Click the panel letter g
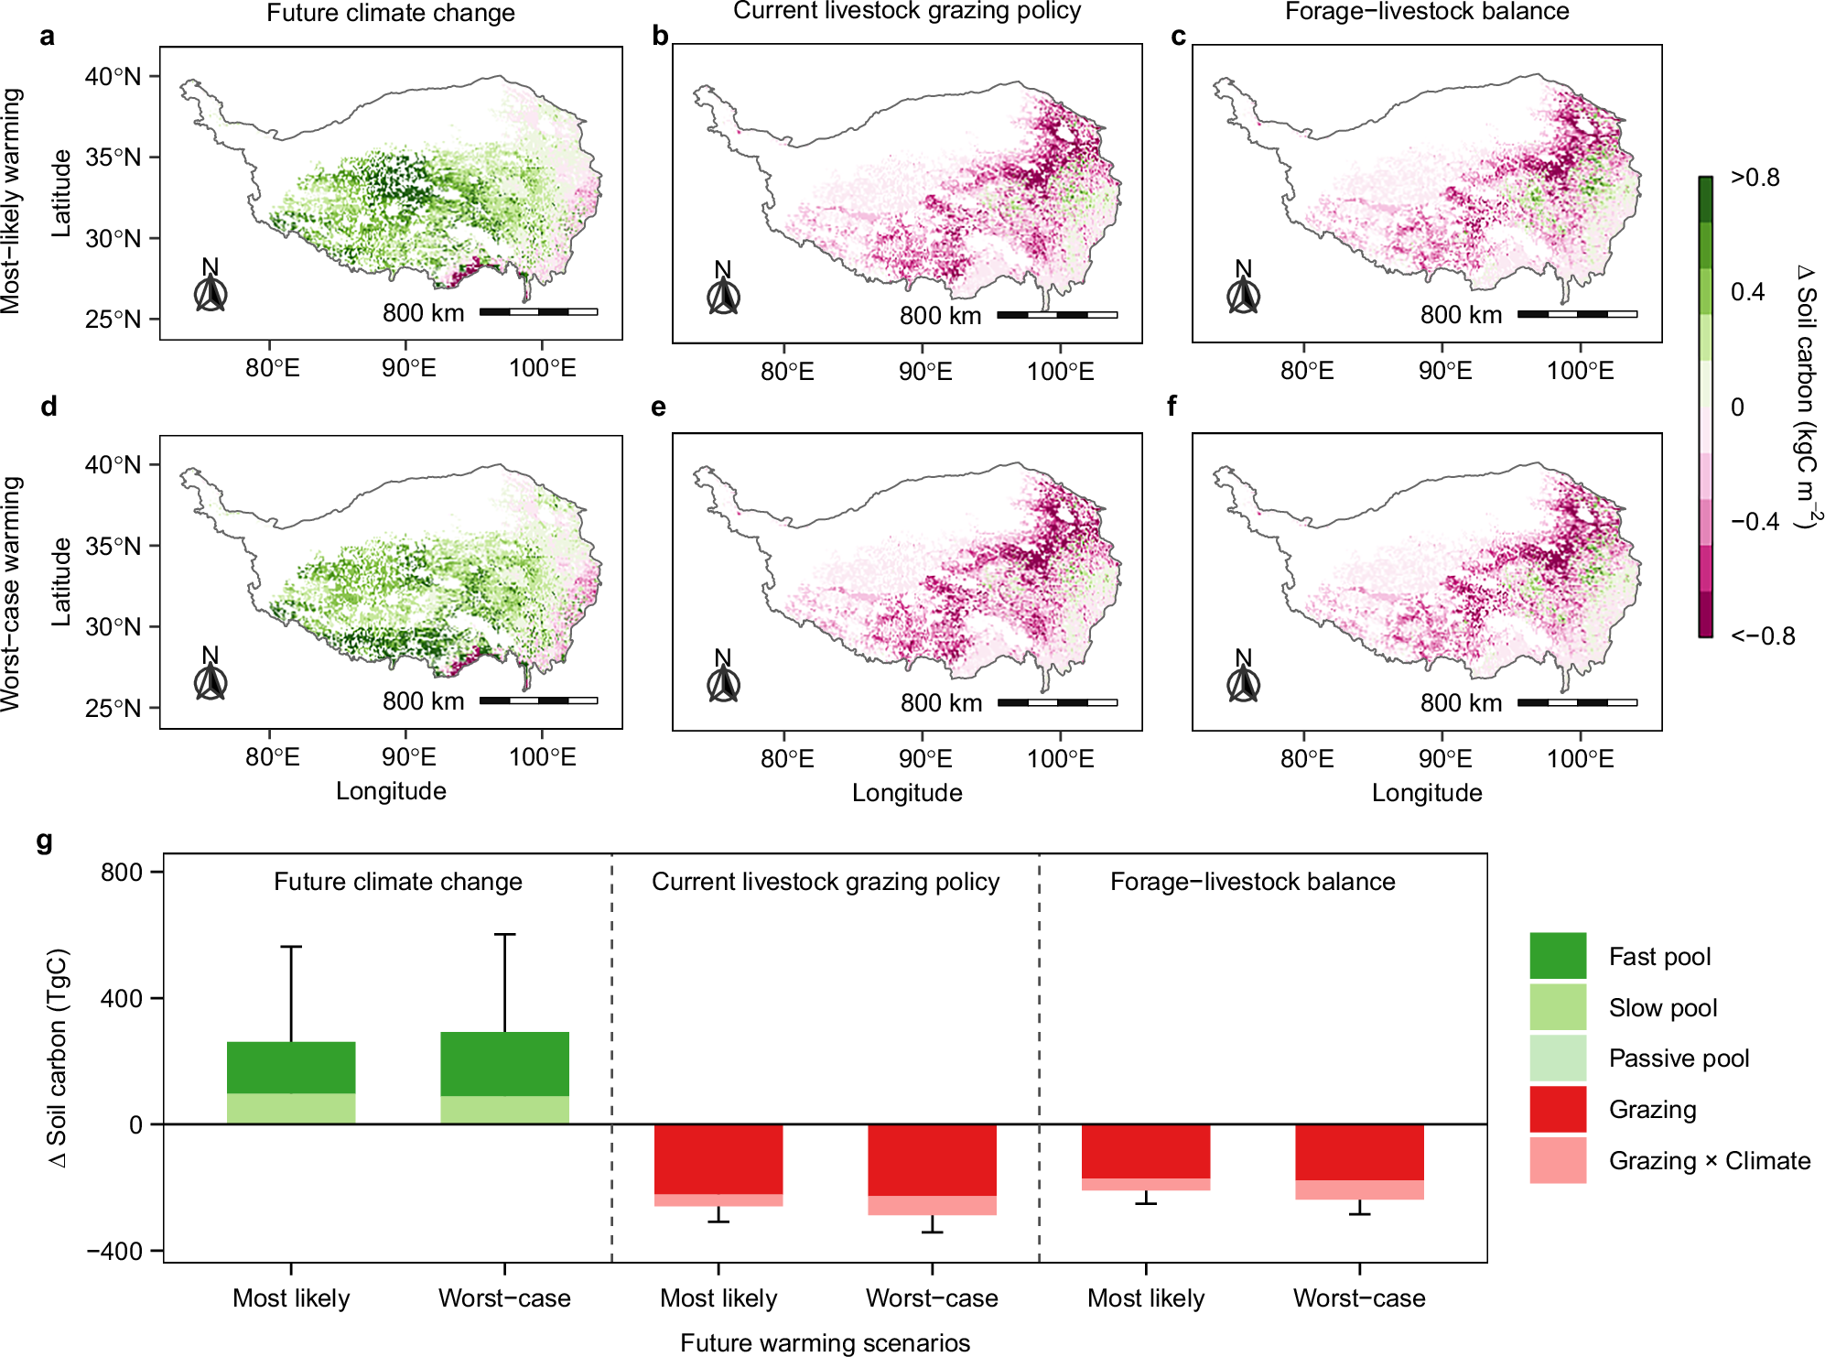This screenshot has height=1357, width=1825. [x=45, y=841]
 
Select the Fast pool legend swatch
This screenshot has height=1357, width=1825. [x=1557, y=956]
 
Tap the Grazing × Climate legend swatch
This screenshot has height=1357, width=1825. [x=1557, y=1160]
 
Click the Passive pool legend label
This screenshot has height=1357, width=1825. [x=1679, y=1058]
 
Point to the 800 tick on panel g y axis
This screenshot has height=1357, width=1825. [x=122, y=872]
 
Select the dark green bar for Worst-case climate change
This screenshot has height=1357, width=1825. [x=504, y=1063]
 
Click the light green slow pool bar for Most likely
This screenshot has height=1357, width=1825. [x=291, y=1108]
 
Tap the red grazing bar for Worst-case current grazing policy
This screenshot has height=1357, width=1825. [x=932, y=1159]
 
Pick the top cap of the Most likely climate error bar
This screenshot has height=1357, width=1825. [x=291, y=947]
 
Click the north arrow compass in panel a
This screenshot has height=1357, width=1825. [x=211, y=293]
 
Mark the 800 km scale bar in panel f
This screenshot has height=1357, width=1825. [x=1577, y=702]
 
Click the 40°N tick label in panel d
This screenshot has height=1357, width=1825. [x=113, y=464]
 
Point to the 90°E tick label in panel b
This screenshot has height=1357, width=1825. [x=925, y=372]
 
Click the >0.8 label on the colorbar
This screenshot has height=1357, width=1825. [x=1755, y=178]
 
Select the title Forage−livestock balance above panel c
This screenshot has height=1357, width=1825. [x=1426, y=12]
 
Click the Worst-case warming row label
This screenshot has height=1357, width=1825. [x=11, y=593]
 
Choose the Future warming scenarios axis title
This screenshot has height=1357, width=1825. [x=825, y=1342]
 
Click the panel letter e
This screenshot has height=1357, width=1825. [x=659, y=407]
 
